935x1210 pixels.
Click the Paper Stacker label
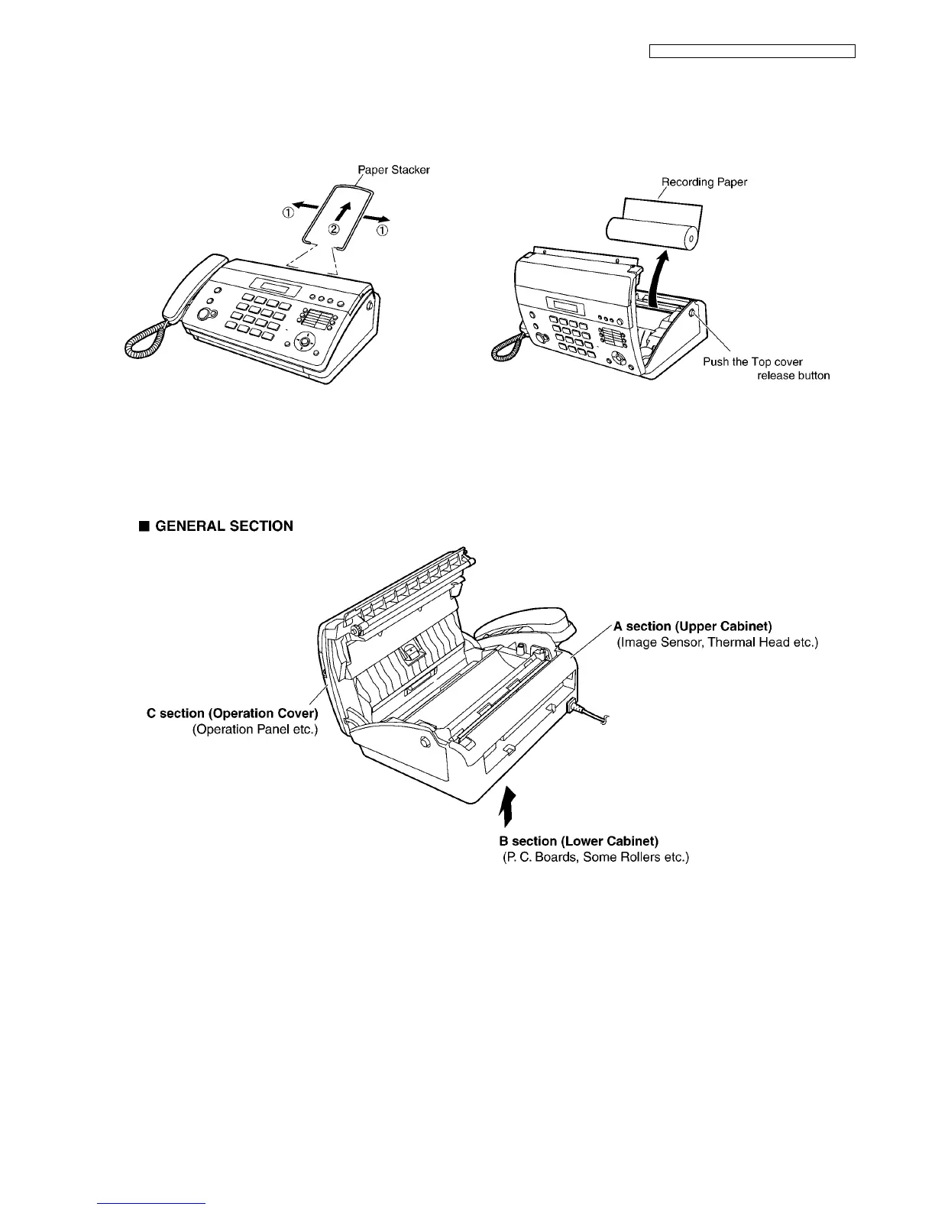393,170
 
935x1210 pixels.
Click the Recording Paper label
704,182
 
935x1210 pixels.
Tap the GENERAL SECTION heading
223,526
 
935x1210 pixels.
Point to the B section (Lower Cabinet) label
578,842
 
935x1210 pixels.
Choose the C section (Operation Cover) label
232,713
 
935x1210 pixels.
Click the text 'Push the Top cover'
752,361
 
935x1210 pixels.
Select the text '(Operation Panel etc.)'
254,730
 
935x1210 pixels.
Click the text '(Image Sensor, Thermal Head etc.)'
717,642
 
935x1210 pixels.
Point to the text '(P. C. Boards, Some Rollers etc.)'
595,858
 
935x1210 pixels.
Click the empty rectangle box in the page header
752,51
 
